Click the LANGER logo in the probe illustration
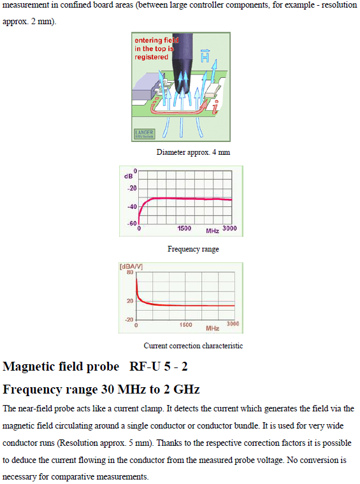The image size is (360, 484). [145, 134]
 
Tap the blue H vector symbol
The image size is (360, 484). [205, 55]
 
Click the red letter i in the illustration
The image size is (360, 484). [215, 107]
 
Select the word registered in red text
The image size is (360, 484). [151, 57]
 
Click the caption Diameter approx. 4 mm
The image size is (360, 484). [193, 152]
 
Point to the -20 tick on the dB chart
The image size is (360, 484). [132, 189]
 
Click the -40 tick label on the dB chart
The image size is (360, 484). [132, 207]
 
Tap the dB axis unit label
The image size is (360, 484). [129, 176]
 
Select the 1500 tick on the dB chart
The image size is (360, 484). [184, 229]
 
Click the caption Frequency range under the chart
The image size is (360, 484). [193, 249]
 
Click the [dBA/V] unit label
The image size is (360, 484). [131, 266]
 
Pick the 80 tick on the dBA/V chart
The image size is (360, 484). [130, 273]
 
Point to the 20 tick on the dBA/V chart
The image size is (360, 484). [130, 301]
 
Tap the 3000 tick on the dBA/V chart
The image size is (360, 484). [233, 324]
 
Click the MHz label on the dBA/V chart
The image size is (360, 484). [213, 328]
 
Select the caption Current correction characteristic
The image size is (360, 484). [193, 346]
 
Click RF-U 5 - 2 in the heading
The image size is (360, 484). [159, 366]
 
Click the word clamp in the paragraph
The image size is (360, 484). [151, 409]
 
